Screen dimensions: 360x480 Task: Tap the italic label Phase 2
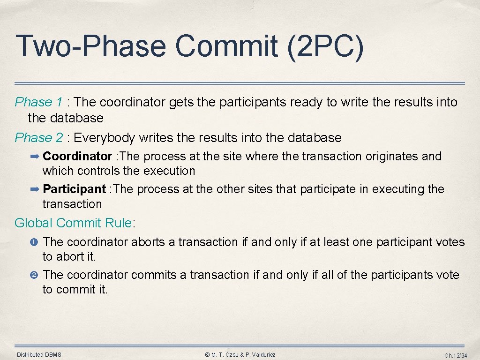38,137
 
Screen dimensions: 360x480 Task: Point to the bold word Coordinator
77,156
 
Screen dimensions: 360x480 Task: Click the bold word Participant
74,189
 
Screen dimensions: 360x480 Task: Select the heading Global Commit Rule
74,223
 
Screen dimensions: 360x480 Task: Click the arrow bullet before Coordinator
36,156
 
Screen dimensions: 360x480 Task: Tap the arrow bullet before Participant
36,189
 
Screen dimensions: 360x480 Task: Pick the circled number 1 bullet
36,242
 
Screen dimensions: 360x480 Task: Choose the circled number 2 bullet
36,275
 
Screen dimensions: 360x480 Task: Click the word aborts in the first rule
147,242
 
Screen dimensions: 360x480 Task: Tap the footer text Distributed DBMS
39,355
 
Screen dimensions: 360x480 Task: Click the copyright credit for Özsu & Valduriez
240,355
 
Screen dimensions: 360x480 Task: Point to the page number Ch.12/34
456,355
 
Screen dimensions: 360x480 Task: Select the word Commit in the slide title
227,47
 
